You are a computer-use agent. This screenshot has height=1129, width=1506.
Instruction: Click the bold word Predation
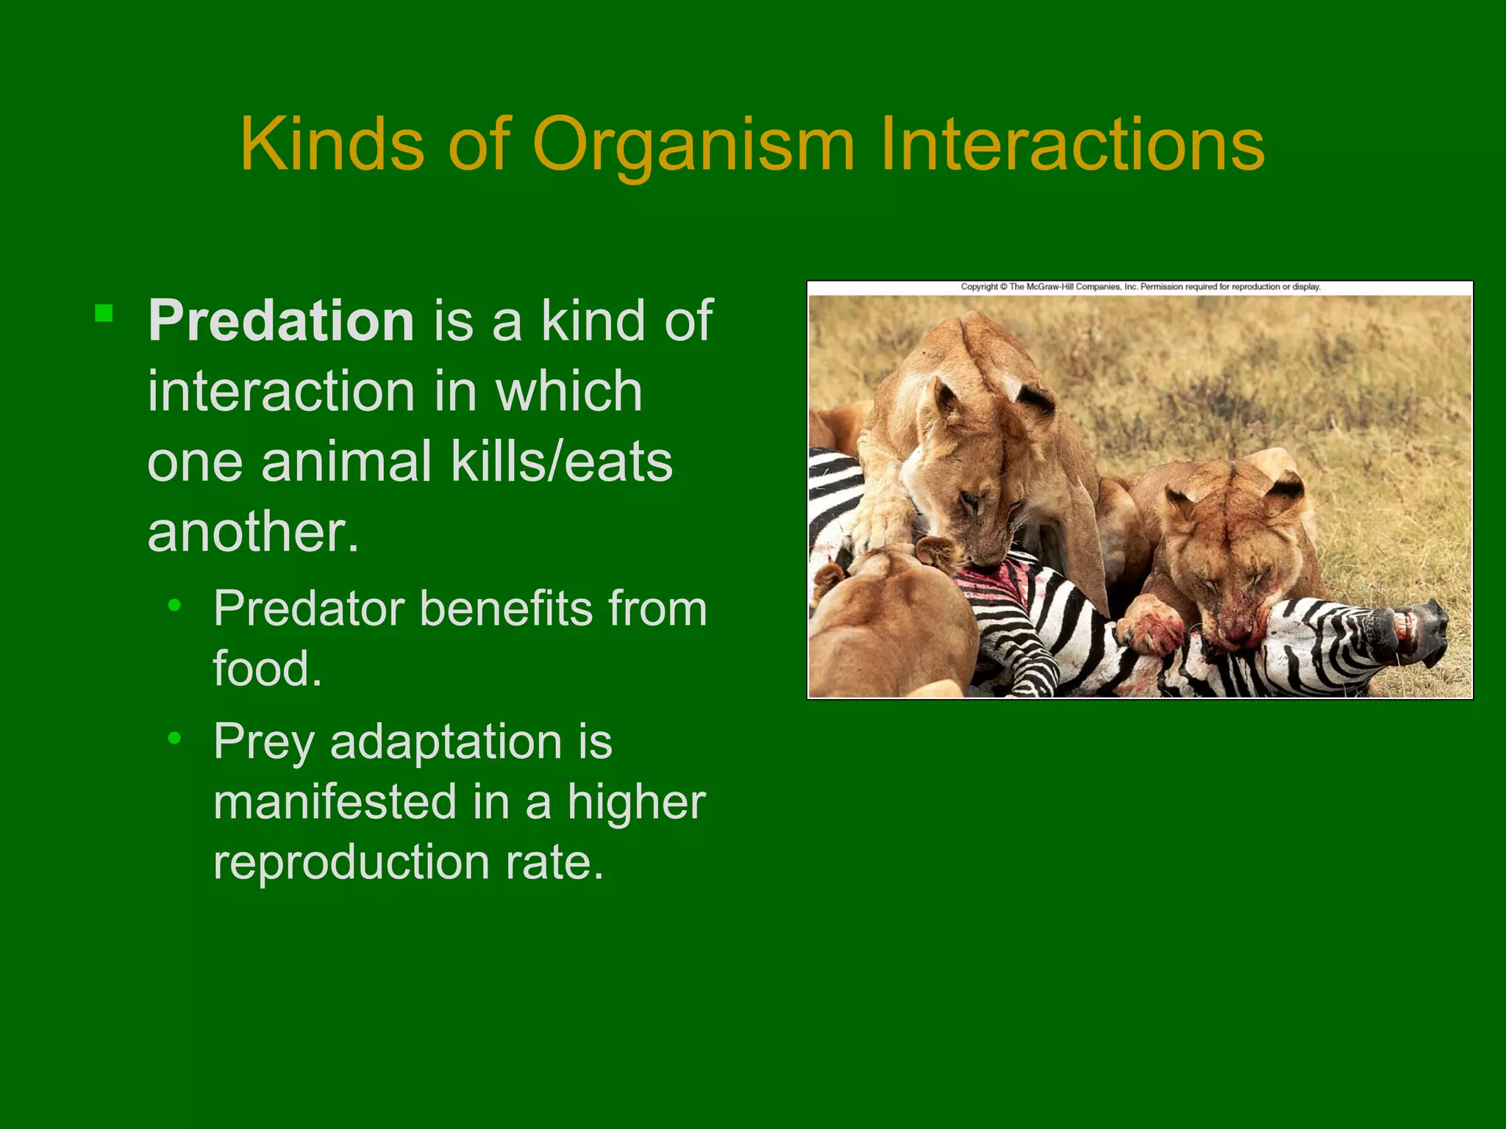(282, 321)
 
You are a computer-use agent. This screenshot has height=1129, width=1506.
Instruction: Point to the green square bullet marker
(104, 314)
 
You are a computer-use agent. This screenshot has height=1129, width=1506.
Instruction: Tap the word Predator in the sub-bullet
(309, 609)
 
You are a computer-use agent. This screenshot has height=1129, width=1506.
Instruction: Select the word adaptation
(446, 742)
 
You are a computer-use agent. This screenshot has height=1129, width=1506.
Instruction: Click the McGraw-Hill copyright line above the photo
(1141, 287)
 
